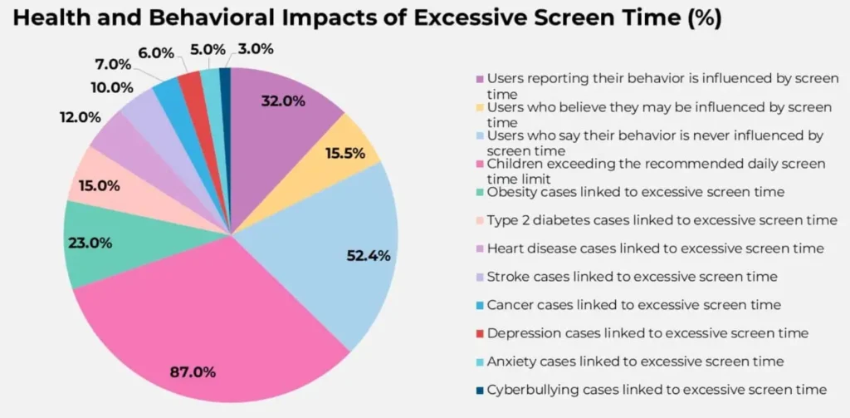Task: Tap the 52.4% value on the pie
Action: (x=368, y=255)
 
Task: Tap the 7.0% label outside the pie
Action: (x=114, y=65)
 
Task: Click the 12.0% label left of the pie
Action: (x=81, y=118)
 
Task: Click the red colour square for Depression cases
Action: (x=481, y=333)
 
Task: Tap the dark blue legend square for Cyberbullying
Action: (x=481, y=390)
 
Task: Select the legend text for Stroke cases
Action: (x=632, y=277)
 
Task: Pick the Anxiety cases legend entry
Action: (x=635, y=361)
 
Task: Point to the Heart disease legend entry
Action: (x=655, y=248)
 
